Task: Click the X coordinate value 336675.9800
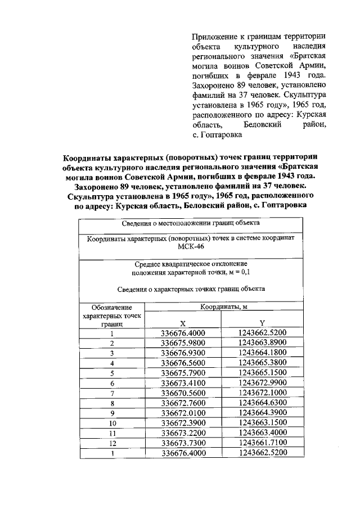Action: [183, 343]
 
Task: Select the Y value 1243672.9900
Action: [262, 383]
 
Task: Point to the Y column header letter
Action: [262, 323]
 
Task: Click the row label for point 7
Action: [112, 393]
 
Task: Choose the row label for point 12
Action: [112, 444]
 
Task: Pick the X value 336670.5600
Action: [183, 393]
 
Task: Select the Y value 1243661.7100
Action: [262, 444]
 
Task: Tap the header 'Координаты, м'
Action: [221, 307]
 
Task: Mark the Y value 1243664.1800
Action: [262, 353]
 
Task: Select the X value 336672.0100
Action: [183, 413]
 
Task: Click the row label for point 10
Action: [112, 424]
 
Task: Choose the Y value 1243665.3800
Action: [262, 363]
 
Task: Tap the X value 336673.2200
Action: [183, 434]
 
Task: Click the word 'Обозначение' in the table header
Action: [112, 308]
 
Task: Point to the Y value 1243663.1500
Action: [262, 424]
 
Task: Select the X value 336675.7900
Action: [183, 373]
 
